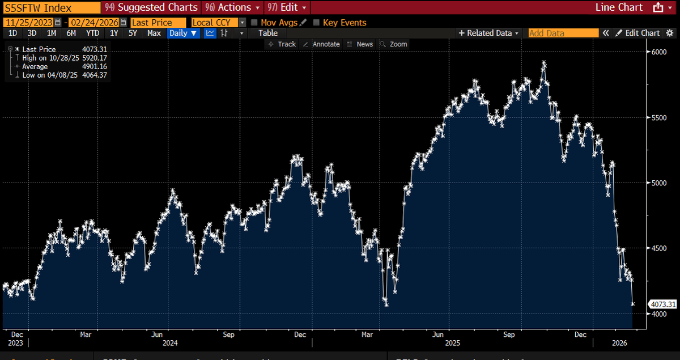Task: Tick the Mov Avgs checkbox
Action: click(254, 23)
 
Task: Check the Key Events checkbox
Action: click(317, 23)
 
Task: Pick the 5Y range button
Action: click(133, 33)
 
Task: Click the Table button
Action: click(268, 33)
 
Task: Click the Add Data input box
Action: click(563, 33)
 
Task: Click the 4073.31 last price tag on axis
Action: click(662, 304)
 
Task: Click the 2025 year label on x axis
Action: click(452, 343)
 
